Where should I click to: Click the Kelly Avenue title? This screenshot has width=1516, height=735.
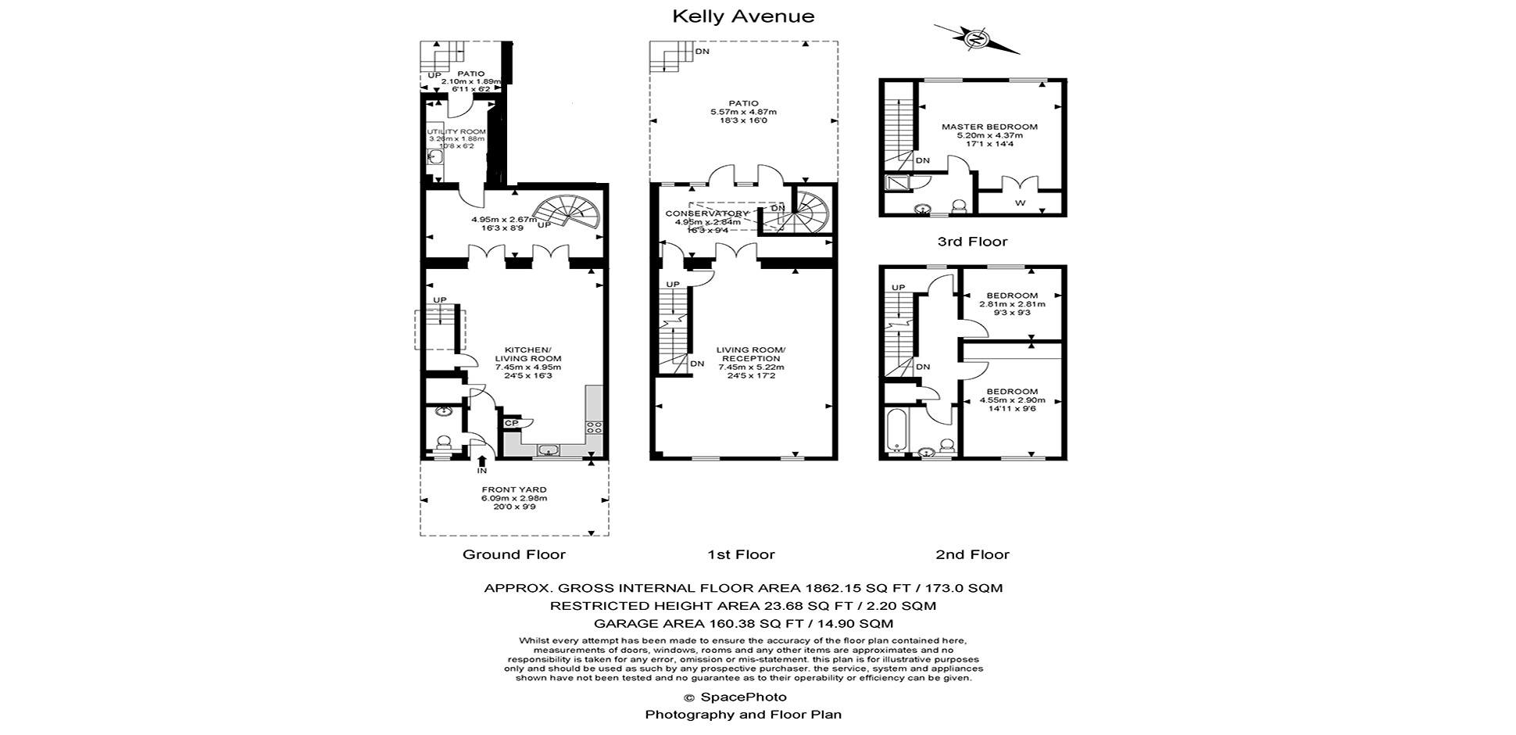(x=743, y=16)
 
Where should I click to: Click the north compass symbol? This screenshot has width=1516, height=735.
(x=977, y=39)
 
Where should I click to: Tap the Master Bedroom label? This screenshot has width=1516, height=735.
(x=989, y=127)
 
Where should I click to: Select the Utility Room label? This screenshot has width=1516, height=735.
(x=456, y=131)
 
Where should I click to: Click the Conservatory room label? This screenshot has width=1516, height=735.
(x=706, y=213)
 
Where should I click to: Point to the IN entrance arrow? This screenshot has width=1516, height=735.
(x=482, y=462)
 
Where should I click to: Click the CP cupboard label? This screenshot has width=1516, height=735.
(x=512, y=423)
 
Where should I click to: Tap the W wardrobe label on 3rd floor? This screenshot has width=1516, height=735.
(x=1020, y=203)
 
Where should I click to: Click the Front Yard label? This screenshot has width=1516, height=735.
(x=514, y=489)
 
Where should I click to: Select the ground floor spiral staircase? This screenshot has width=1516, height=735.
(x=567, y=213)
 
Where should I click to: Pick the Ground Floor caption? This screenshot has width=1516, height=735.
(x=513, y=554)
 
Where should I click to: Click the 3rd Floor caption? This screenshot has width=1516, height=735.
(x=972, y=242)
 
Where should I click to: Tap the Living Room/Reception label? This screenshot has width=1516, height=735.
(x=751, y=354)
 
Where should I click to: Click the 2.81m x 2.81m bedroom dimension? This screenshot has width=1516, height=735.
(x=1012, y=304)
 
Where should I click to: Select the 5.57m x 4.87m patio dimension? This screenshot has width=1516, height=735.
(x=743, y=112)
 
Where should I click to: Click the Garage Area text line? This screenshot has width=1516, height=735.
(x=743, y=623)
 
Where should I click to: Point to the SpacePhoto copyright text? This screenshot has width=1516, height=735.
(x=735, y=697)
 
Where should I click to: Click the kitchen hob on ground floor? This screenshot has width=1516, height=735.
(x=594, y=427)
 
